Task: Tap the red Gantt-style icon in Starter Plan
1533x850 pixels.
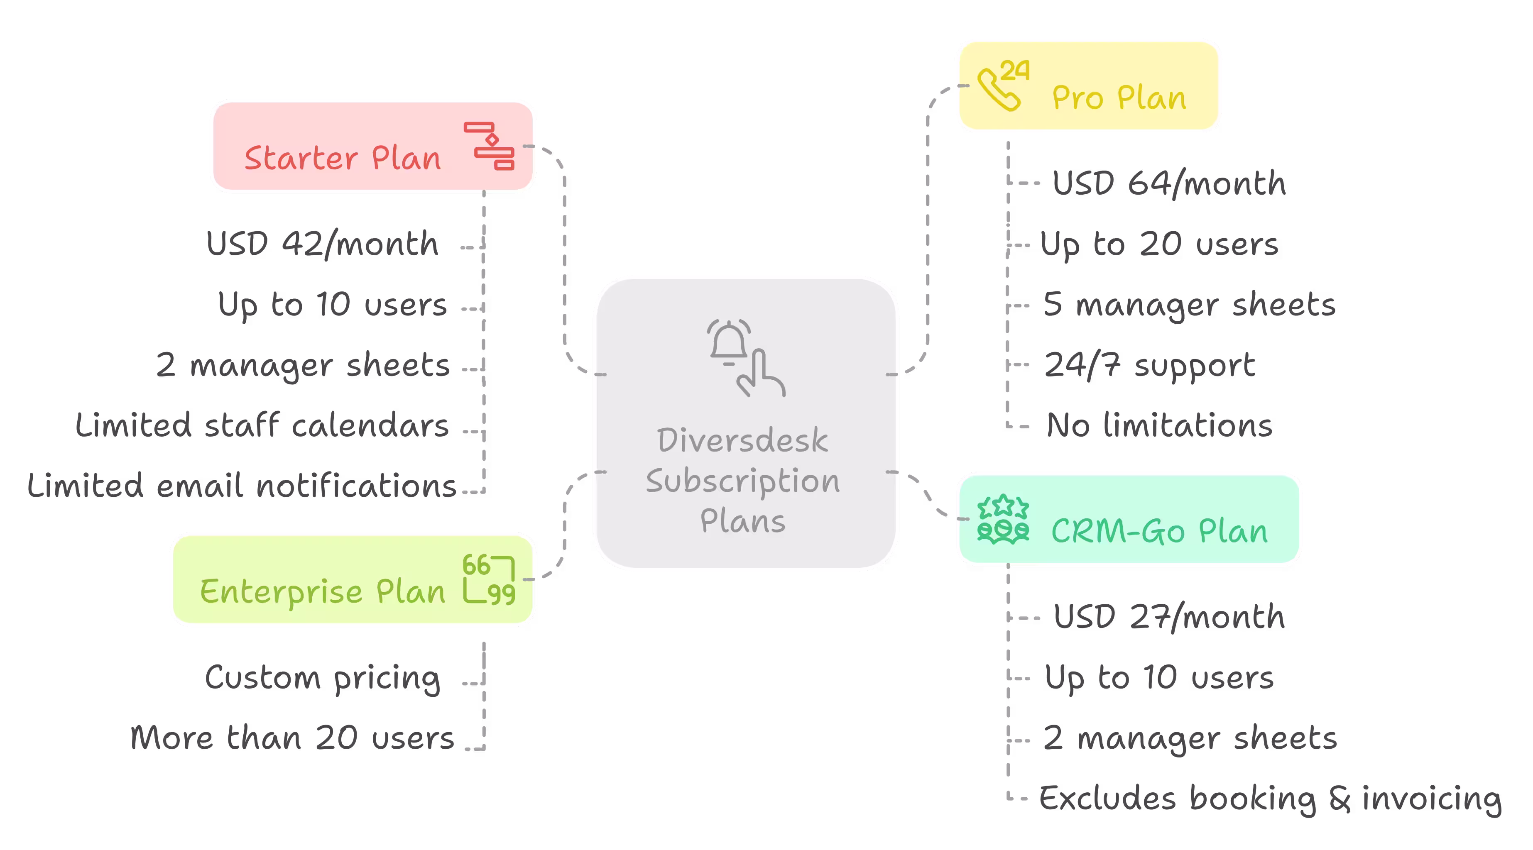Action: click(x=489, y=147)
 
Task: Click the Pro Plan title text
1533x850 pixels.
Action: click(x=1119, y=98)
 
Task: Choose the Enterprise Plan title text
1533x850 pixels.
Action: click(x=323, y=591)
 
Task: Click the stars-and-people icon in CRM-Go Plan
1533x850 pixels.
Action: click(x=1003, y=519)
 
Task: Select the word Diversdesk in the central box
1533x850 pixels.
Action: click(x=742, y=441)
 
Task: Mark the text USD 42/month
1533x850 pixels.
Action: click(x=322, y=244)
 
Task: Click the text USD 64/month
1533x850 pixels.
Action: click(x=1169, y=183)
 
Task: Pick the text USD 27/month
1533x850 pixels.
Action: click(x=1169, y=617)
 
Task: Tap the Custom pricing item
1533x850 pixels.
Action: click(x=322, y=678)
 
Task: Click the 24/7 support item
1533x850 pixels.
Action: click(x=1150, y=365)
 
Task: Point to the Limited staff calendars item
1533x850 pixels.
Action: click(x=262, y=425)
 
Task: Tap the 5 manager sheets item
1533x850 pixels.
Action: click(x=1189, y=305)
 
